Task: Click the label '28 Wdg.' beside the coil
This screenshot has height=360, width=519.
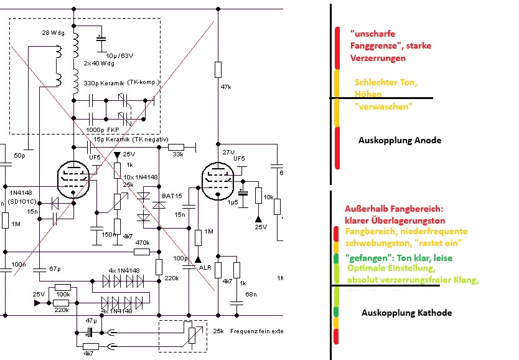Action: point(52,32)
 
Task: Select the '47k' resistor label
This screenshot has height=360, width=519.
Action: point(225,88)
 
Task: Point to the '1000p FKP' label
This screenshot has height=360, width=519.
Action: point(105,130)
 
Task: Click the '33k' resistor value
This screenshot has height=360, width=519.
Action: point(177,154)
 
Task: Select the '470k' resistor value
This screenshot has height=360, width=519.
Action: point(143,242)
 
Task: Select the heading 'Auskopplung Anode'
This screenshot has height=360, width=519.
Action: point(400,140)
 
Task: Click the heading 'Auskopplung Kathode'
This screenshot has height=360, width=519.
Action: point(406,313)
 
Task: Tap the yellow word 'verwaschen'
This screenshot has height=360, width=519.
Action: point(383,107)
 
